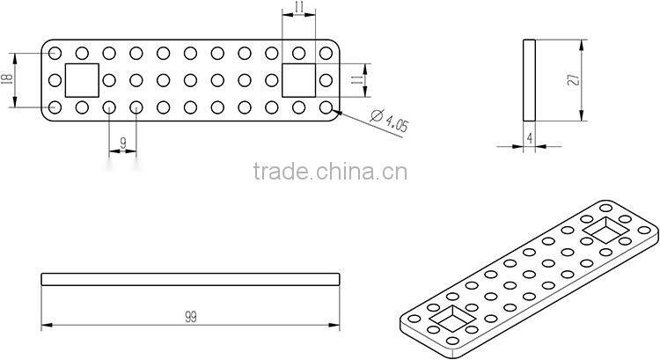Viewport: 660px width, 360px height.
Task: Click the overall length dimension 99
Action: point(191,317)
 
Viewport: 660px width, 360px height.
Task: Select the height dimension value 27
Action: point(573,79)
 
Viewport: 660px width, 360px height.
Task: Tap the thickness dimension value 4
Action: point(530,137)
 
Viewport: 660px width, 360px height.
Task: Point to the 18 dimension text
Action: point(7,79)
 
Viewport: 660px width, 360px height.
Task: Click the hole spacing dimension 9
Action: point(123,143)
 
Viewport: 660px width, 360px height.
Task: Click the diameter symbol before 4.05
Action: point(377,115)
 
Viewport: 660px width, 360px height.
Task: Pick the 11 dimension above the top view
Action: point(299,6)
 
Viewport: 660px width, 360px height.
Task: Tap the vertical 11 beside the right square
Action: point(357,79)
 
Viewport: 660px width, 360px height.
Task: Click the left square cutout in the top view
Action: point(82,80)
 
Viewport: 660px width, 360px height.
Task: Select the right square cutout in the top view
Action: point(298,80)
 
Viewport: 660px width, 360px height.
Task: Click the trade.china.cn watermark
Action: point(330,172)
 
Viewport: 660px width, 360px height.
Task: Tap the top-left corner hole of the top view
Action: point(55,53)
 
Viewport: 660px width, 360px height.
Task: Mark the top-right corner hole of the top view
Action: point(326,53)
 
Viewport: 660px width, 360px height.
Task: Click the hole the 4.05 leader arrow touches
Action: point(326,107)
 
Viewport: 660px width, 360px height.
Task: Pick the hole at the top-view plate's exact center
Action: point(190,80)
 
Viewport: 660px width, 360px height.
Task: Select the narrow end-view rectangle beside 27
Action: point(529,80)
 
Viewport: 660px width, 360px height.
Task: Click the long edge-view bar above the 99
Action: point(190,280)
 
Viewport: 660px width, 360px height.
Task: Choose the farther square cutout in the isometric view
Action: point(606,230)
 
